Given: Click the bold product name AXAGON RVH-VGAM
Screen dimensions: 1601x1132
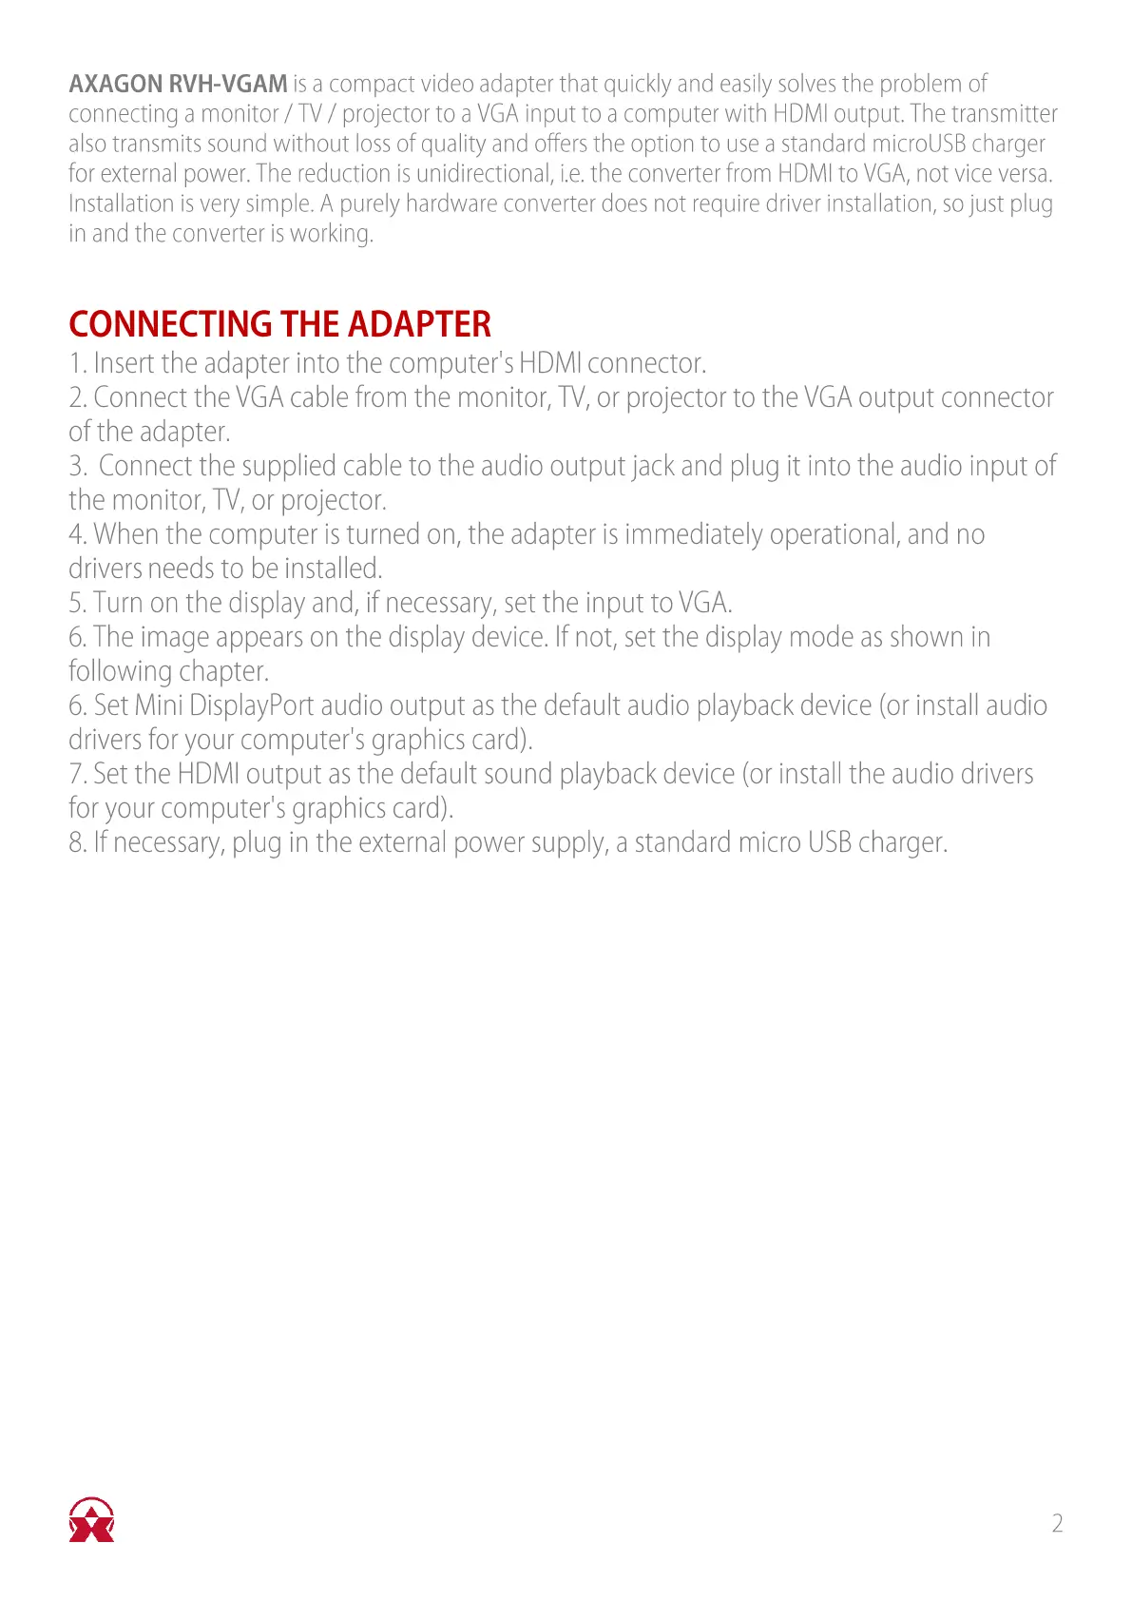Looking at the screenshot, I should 178,84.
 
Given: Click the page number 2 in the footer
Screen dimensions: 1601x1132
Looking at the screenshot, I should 1057,1523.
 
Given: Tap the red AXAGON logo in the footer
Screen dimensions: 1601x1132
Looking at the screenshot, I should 91,1519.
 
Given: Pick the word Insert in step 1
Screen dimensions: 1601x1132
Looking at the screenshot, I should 125,363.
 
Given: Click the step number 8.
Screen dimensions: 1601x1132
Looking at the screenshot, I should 76,842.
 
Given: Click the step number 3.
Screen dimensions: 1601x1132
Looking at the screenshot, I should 76,466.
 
